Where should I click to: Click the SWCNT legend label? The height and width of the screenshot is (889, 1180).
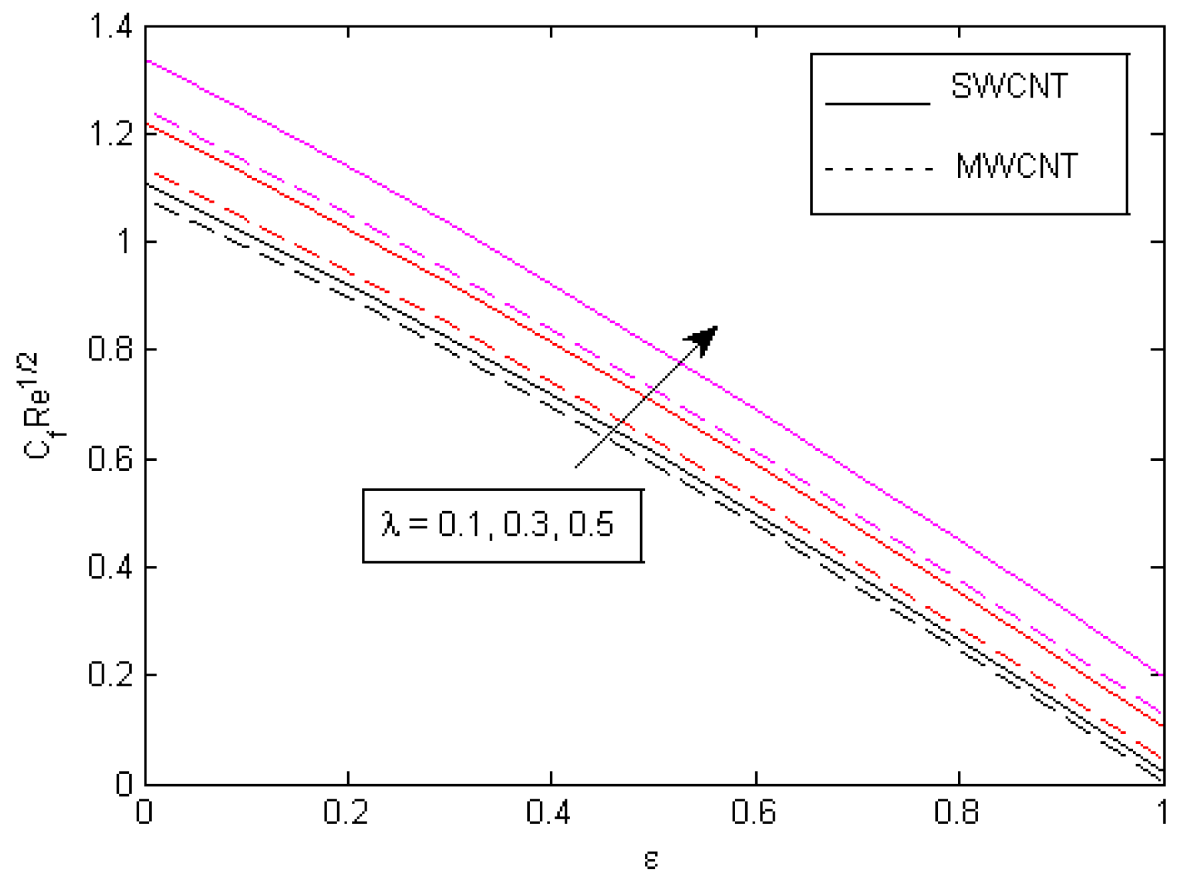(x=1009, y=87)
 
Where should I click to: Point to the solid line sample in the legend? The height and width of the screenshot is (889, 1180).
(x=877, y=104)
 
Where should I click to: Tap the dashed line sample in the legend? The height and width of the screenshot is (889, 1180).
(x=878, y=169)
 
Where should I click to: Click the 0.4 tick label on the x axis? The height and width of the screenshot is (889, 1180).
(x=549, y=813)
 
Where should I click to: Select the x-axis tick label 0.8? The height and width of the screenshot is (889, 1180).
(x=957, y=813)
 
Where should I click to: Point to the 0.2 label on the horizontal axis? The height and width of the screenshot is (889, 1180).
(x=346, y=813)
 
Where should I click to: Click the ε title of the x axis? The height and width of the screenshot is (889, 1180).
(x=651, y=860)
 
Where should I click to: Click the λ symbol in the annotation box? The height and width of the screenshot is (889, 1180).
(x=390, y=524)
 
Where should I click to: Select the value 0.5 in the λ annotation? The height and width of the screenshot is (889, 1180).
(x=591, y=524)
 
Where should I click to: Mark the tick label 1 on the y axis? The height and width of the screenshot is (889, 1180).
(x=124, y=241)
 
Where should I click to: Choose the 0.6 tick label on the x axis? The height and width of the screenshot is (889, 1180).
(x=753, y=813)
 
